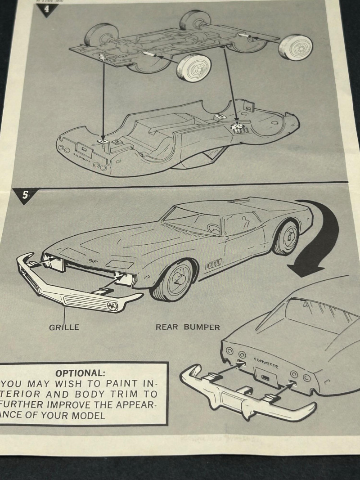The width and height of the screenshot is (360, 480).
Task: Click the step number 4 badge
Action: (x=47, y=9)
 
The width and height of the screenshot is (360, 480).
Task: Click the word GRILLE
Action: (x=64, y=327)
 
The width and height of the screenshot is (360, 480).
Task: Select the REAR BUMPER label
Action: (x=188, y=327)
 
